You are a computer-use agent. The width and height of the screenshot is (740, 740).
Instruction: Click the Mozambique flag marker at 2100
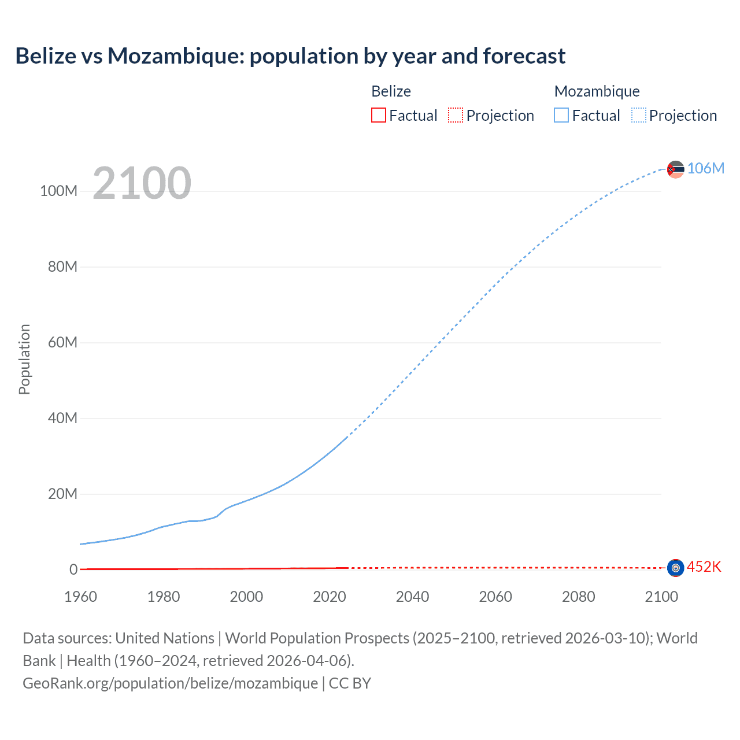pos(675,169)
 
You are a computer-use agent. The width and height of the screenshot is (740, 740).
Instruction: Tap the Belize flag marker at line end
pos(675,568)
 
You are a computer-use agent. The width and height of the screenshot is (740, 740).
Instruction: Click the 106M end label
pos(705,168)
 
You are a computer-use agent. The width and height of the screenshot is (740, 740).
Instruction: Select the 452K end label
pos(704,567)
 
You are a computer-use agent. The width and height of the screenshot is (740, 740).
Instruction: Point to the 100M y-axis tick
pos(58,191)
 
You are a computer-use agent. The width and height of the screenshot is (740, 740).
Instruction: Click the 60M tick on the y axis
pos(62,342)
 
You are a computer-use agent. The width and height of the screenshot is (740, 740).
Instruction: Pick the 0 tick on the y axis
pos(73,569)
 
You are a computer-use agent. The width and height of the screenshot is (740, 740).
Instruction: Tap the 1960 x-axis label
pos(80,597)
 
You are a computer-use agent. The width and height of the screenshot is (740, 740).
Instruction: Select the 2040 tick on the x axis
pos(412,597)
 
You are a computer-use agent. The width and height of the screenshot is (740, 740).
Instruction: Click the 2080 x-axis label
pos(578,597)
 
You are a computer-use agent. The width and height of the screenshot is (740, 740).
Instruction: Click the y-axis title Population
pos(24,359)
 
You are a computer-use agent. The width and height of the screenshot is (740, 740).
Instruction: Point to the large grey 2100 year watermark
pos(142,183)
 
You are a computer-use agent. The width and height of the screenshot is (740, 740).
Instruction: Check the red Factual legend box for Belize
pos(378,115)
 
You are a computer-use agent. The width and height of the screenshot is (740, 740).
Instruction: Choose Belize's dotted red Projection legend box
pos(456,115)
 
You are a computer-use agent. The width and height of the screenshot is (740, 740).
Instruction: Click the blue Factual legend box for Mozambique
pos(561,115)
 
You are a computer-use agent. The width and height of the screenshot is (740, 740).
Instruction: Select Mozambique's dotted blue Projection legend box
pos(639,115)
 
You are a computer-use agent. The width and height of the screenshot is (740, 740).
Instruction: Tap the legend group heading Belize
pos(391,91)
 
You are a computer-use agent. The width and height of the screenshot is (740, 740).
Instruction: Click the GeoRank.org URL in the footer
pos(170,683)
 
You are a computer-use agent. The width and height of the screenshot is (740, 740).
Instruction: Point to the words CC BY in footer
pos(350,683)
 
